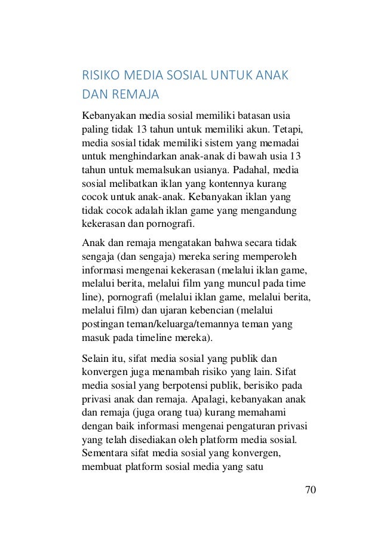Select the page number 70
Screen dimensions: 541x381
click(x=310, y=490)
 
